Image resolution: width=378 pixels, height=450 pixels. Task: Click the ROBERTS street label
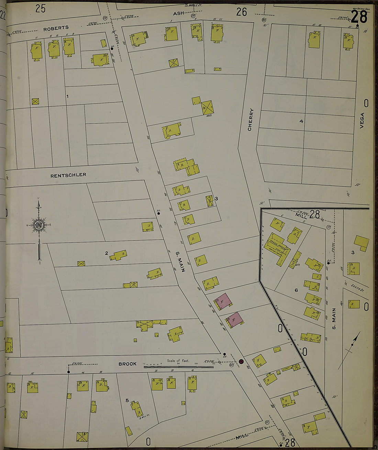pos(56,28)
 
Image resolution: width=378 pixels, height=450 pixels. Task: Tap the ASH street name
pos(178,13)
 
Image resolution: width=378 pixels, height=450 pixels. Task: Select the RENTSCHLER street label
pos(68,175)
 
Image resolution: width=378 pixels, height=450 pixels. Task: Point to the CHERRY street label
pos(250,119)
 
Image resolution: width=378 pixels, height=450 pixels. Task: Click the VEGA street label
pos(362,121)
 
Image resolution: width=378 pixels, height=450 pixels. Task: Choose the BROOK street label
pos(127,364)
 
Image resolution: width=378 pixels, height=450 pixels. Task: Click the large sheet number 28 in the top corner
pos(359,17)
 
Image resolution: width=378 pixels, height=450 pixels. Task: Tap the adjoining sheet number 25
pos(40,9)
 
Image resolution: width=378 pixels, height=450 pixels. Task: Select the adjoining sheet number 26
pos(242,12)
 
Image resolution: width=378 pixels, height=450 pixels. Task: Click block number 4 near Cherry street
pos(301,121)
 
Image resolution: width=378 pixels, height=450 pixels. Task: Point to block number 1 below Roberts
pos(67,96)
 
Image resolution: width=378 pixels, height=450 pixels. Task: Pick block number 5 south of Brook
pos(127,400)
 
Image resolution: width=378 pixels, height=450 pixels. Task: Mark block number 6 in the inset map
pos(296,290)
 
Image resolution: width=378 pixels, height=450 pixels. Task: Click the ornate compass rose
pos(39,225)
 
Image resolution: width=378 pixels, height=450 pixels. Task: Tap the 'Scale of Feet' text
pos(178,361)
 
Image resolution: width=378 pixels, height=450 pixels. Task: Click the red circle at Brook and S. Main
pos(241,361)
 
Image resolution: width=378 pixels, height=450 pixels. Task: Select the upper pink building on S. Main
pos(223,301)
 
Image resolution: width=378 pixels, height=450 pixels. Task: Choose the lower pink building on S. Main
pos(234,320)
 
